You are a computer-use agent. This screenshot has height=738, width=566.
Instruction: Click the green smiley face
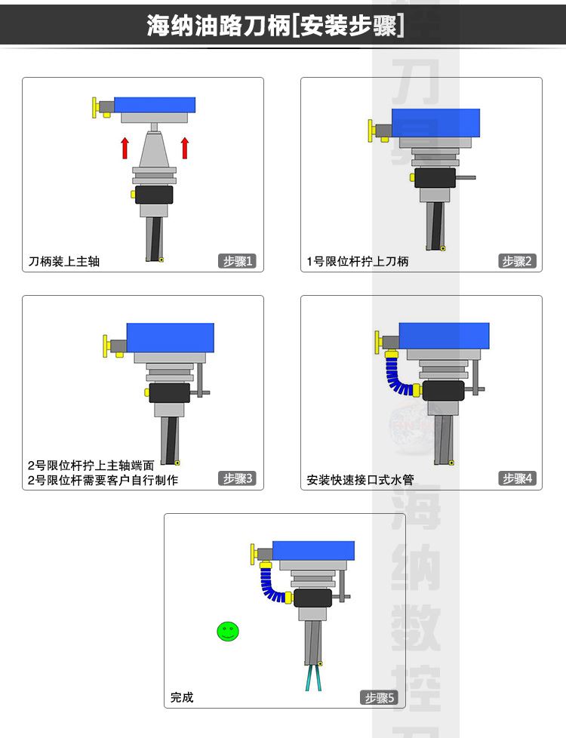pyautogui.click(x=228, y=632)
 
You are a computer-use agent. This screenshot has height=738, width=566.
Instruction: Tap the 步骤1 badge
pyautogui.click(x=237, y=261)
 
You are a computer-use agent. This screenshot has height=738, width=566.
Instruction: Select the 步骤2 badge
pyautogui.click(x=517, y=261)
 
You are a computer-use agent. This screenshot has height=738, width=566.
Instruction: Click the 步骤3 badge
pyautogui.click(x=237, y=478)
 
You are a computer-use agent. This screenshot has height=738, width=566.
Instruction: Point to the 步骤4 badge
pyautogui.click(x=517, y=478)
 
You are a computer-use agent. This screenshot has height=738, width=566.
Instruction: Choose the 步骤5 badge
pyautogui.click(x=379, y=697)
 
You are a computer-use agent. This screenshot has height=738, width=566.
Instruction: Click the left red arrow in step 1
pyautogui.click(x=125, y=148)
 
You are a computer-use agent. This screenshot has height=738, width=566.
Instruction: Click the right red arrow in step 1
pyautogui.click(x=185, y=148)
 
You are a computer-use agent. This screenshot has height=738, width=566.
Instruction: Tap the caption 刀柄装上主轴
pyautogui.click(x=64, y=261)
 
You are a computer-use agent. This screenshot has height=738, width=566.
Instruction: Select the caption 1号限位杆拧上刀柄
pyautogui.click(x=358, y=261)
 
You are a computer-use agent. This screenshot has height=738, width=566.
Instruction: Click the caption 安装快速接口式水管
pyautogui.click(x=360, y=480)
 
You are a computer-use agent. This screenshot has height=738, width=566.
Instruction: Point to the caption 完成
pyautogui.click(x=182, y=697)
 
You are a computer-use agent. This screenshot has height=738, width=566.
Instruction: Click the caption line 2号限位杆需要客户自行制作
pyautogui.click(x=103, y=480)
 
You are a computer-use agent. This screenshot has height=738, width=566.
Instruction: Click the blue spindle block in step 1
pyautogui.click(x=155, y=105)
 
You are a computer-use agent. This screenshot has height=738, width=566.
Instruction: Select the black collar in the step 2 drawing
pyautogui.click(x=435, y=178)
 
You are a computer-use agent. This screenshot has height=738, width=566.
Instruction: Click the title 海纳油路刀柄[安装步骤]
pyautogui.click(x=275, y=25)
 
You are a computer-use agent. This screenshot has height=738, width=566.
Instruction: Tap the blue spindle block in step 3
pyautogui.click(x=171, y=337)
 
